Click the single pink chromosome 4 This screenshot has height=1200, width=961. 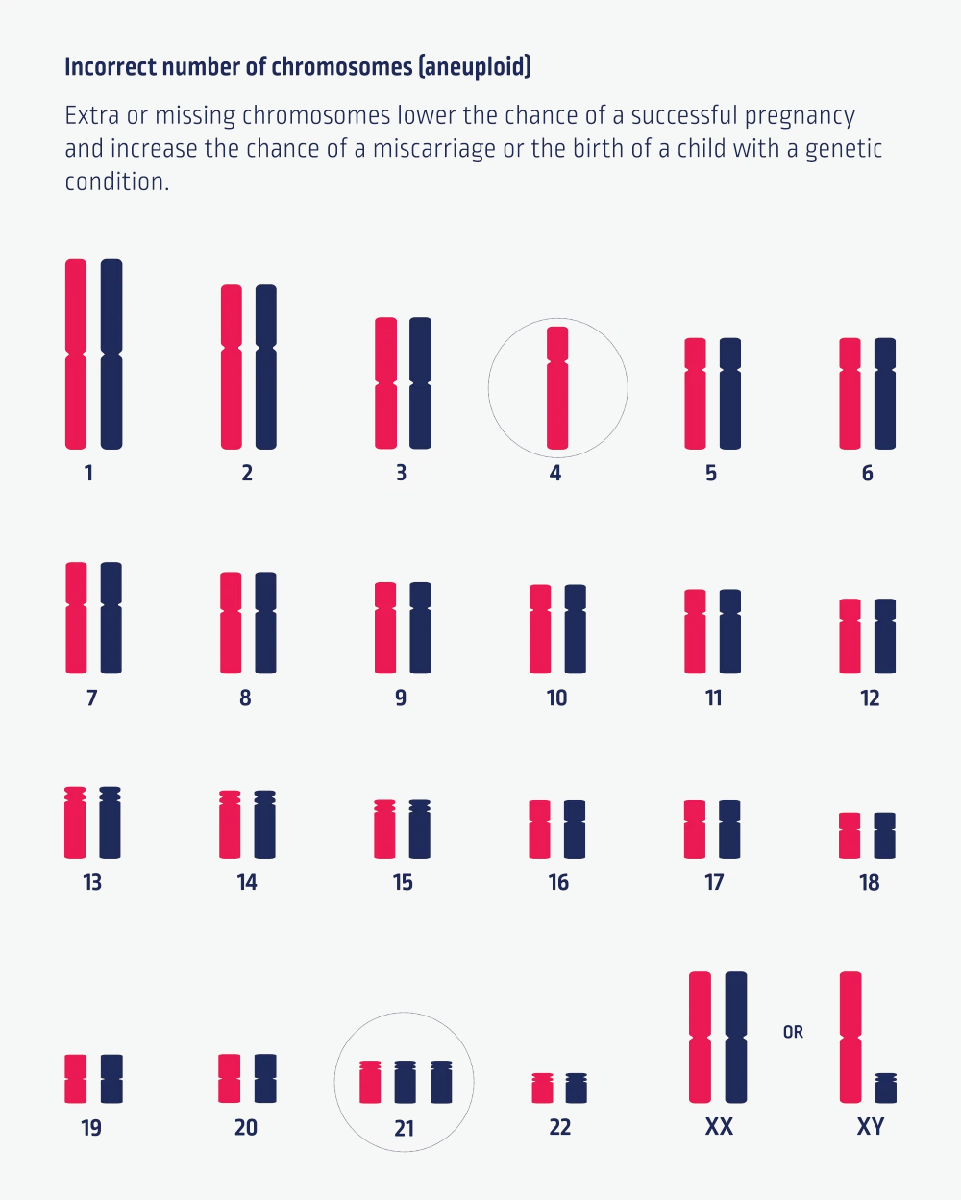point(557,388)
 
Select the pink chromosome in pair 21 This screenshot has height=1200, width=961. point(370,1082)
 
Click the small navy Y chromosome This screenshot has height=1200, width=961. point(885,1089)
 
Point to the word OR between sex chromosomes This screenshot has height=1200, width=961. point(793,1032)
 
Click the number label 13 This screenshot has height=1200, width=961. point(92,882)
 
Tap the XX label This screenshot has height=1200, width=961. point(719,1127)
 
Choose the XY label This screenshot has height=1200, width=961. point(871,1127)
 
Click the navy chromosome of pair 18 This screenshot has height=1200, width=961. point(884,835)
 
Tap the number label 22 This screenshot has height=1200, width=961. point(559,1127)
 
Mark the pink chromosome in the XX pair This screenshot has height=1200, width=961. point(701,1038)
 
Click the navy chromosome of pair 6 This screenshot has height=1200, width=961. point(884,393)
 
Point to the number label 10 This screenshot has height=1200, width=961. point(557,698)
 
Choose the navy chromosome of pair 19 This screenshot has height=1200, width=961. point(111,1078)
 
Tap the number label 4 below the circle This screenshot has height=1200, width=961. point(555,473)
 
